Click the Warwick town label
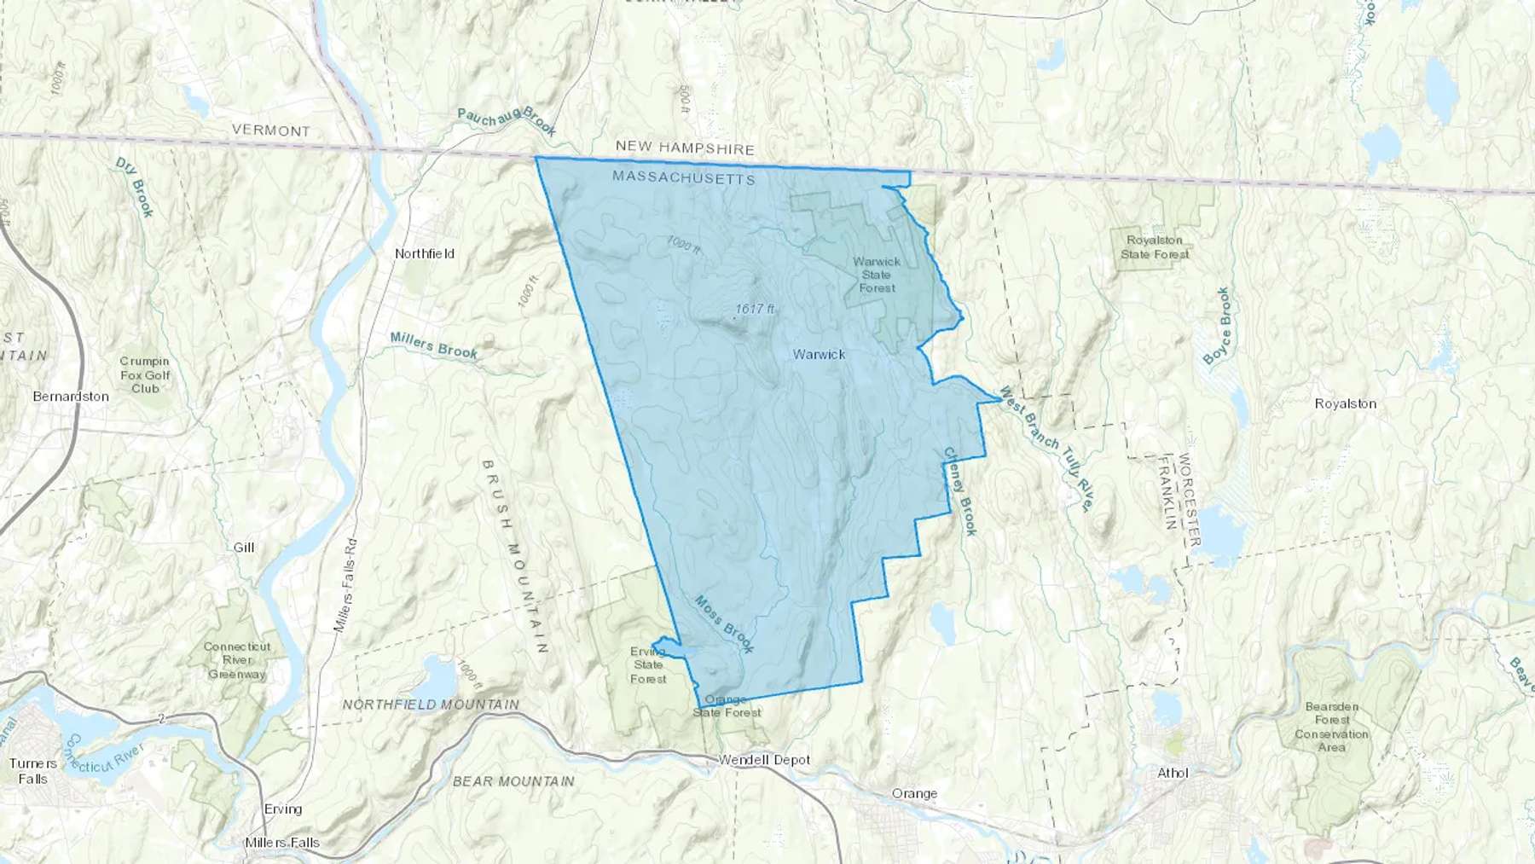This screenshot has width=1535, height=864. tap(819, 354)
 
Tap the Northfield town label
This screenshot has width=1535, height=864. tap(425, 253)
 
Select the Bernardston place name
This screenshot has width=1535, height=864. tap(71, 397)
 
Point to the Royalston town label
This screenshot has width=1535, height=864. tap(1345, 403)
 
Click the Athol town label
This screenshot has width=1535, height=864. tap(1173, 773)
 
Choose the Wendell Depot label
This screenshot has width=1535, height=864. tap(764, 760)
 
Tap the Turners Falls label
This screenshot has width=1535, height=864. tap(33, 771)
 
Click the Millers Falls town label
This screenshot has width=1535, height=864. tap(282, 843)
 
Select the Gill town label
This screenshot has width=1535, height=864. tap(244, 548)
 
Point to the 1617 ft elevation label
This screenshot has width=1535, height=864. tap(755, 309)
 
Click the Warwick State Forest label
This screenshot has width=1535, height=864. tap(877, 275)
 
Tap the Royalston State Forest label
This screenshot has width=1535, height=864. tap(1155, 247)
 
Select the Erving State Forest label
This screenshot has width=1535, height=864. tap(648, 665)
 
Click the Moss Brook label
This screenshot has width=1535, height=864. tap(724, 624)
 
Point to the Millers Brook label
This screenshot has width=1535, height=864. tap(434, 345)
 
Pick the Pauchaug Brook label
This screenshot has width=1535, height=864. tap(507, 121)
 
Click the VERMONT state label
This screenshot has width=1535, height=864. tap(271, 130)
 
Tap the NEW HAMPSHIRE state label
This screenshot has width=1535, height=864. tap(685, 148)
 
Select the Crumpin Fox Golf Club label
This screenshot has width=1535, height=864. tap(145, 375)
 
